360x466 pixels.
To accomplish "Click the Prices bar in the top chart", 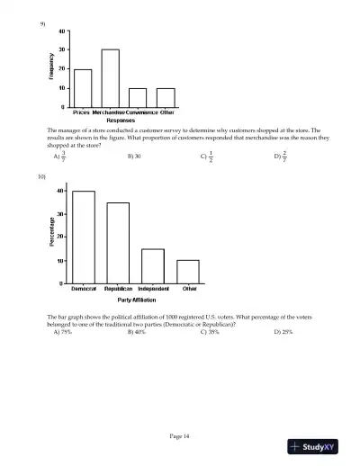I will pos(82,88).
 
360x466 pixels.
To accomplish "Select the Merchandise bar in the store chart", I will pos(110,78).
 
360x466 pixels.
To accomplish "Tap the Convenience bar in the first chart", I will pos(138,97).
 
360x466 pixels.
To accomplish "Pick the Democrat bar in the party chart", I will pos(84,237).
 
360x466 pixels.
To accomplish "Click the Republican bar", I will pos(118,243).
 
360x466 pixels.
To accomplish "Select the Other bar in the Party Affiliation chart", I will pos(188,272).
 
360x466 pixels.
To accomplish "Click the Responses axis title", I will pos(120,119).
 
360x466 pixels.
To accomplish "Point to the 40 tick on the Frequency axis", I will pos(61,31).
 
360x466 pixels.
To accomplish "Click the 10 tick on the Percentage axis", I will pos(60,261).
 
